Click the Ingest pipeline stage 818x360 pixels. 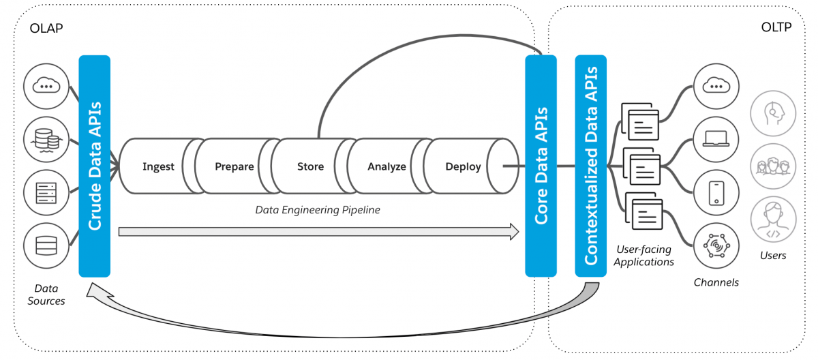click(158, 166)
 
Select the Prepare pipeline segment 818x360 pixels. click(234, 166)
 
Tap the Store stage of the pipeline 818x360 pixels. click(310, 166)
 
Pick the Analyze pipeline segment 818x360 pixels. click(387, 166)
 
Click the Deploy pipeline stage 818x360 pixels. click(464, 166)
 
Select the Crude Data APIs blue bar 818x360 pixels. click(95, 166)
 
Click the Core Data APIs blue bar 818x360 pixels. click(541, 166)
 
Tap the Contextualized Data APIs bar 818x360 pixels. click(591, 166)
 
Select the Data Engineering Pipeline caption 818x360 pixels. click(318, 210)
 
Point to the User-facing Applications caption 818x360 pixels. click(643, 256)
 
